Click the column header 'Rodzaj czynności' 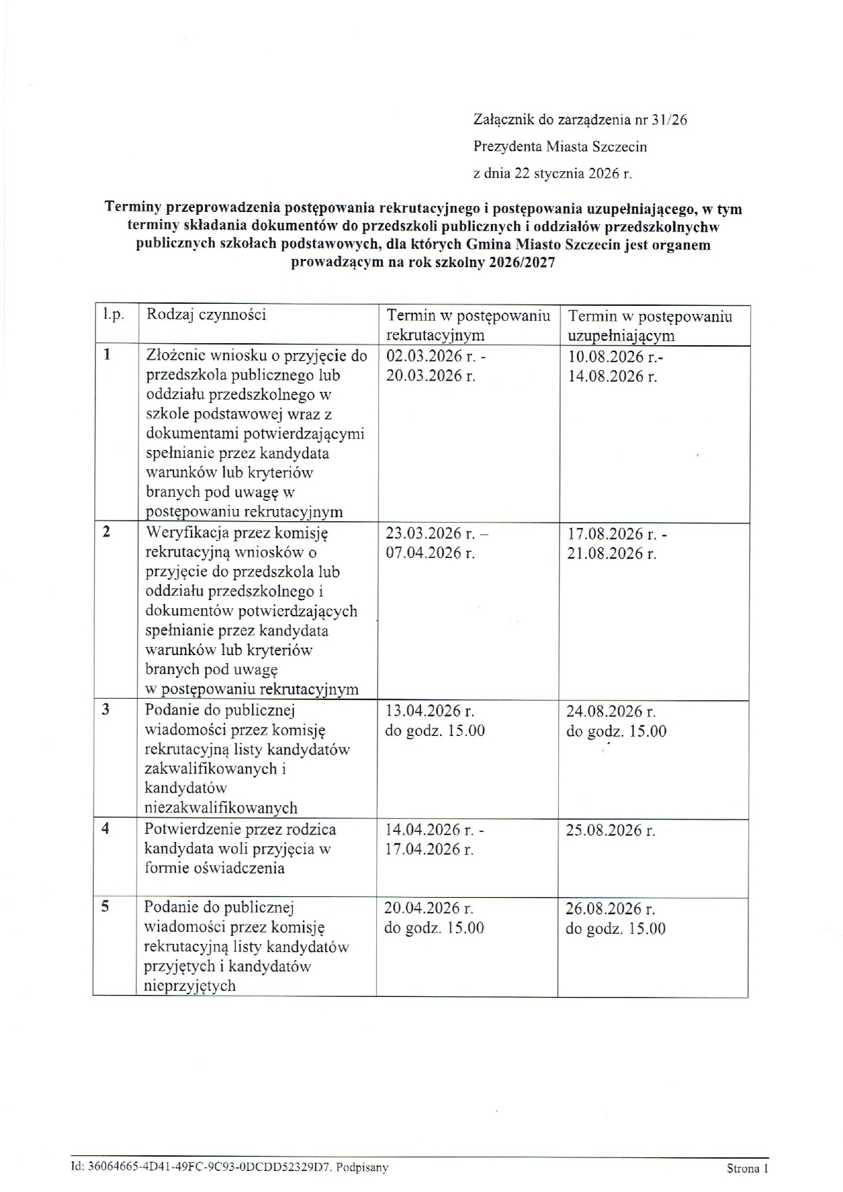click(x=207, y=315)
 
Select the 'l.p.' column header click(x=113, y=315)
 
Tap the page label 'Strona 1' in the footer click(x=747, y=1169)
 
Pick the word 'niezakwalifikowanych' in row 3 click(x=221, y=808)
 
